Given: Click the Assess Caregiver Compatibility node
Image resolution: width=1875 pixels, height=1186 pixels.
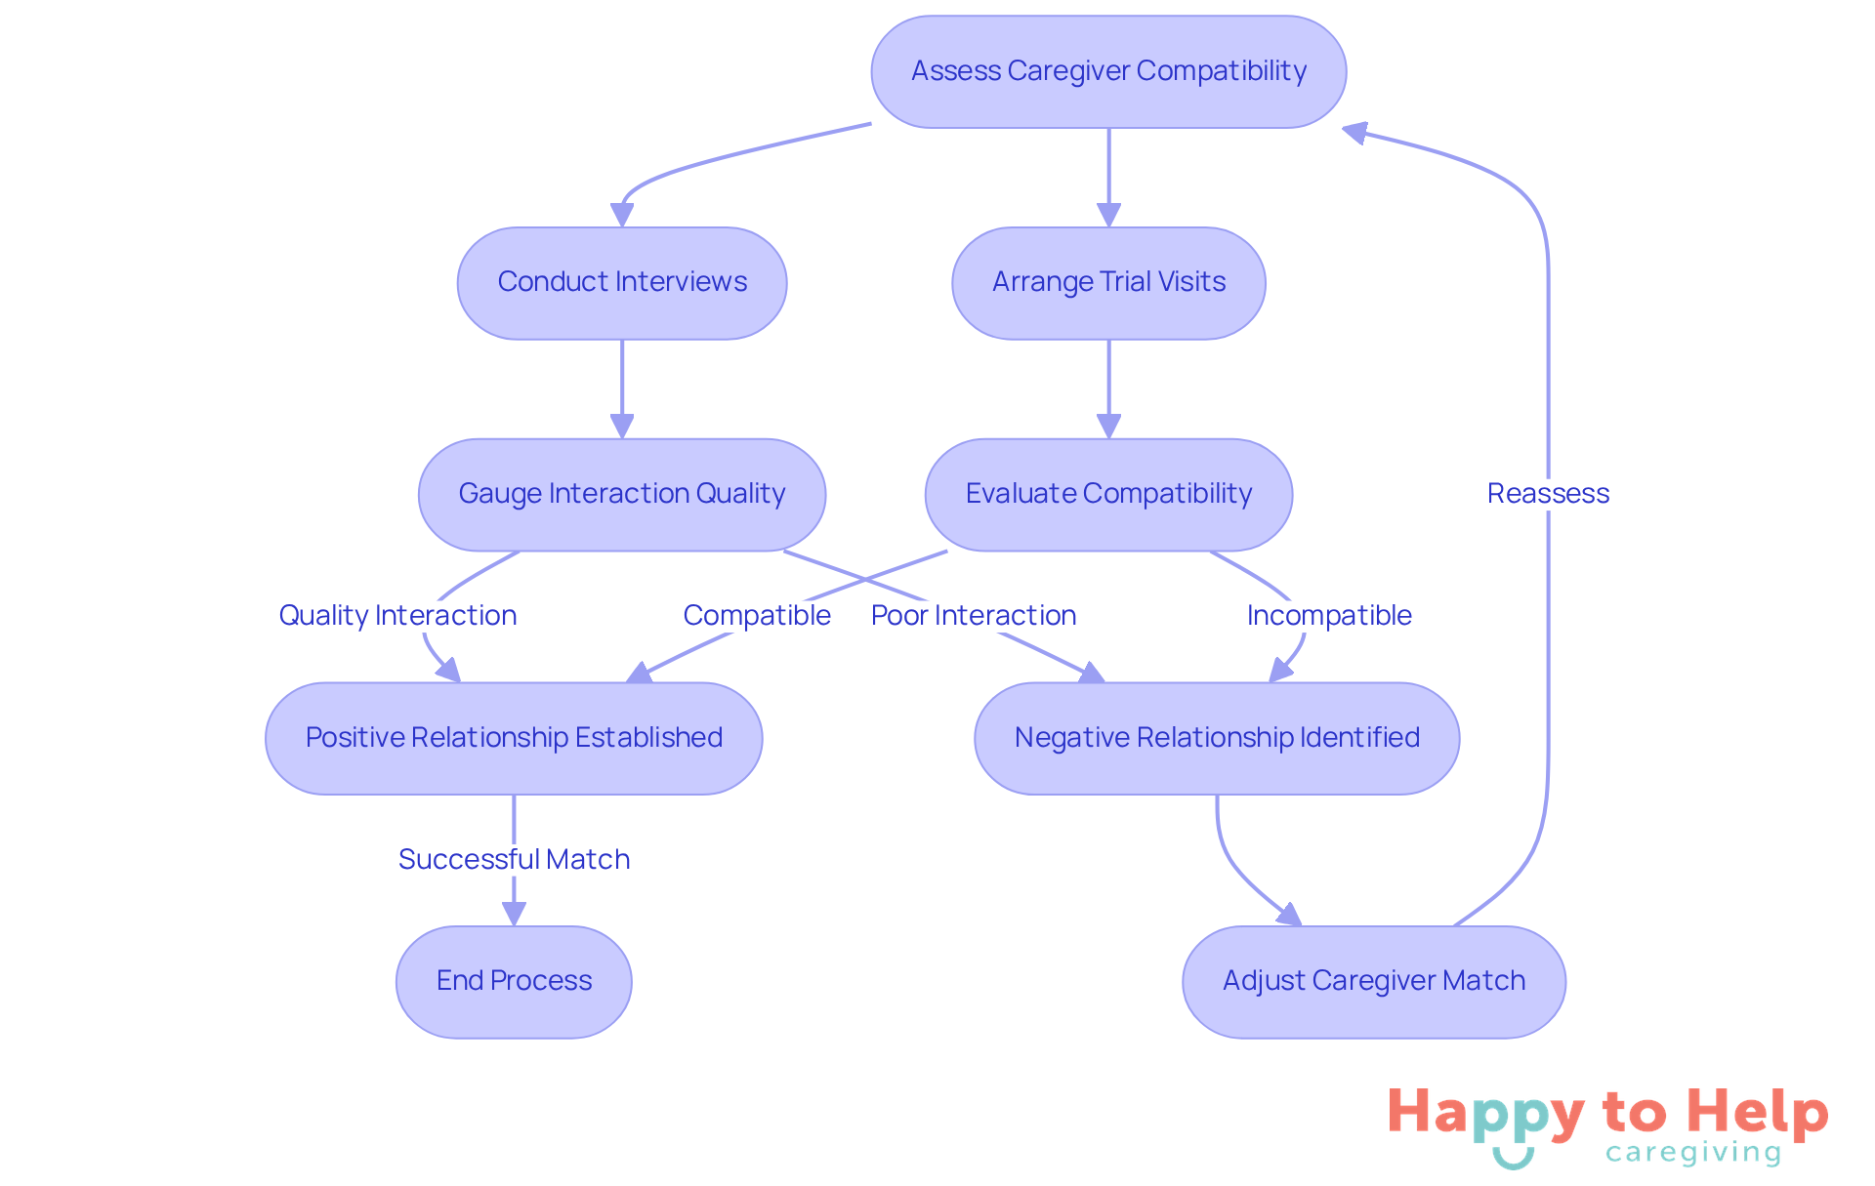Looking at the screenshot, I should click(1108, 71).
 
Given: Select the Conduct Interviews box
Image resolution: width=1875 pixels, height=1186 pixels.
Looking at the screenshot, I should click(622, 283).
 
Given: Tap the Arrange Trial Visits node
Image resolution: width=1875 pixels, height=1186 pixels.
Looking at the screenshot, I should click(1108, 283).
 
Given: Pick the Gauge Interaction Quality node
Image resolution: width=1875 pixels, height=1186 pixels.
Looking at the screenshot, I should click(622, 494).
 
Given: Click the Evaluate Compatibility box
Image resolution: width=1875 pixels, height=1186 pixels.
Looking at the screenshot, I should click(1108, 494).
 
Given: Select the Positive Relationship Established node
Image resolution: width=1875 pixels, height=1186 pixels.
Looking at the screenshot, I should click(514, 738).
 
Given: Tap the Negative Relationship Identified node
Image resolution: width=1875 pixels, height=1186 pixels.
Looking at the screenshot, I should click(1217, 738).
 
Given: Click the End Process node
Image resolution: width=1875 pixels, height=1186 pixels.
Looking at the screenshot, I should click(514, 981).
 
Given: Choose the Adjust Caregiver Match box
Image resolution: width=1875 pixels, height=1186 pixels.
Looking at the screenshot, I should click(1373, 981).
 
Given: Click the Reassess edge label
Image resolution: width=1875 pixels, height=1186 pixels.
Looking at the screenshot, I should click(1548, 494).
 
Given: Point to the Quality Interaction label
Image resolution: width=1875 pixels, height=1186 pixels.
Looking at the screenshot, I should click(397, 616).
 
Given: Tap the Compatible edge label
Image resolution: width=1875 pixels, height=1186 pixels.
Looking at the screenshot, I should click(757, 616).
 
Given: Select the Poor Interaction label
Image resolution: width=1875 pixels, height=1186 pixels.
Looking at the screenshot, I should click(974, 616).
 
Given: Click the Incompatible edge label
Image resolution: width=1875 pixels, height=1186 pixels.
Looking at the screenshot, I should click(1329, 616).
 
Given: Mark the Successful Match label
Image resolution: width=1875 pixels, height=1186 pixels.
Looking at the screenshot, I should click(514, 860).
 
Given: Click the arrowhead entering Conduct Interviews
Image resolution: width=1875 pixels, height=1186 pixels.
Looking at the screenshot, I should click(622, 215).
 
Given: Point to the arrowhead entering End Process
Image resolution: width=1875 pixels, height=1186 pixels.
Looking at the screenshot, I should click(514, 914).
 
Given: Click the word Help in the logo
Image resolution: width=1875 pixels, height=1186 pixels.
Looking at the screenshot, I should click(1758, 1113).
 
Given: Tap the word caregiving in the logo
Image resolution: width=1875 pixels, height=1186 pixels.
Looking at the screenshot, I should click(1693, 1154).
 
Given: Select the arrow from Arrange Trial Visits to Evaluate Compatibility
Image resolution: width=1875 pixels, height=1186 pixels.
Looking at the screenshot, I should click(1108, 386).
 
